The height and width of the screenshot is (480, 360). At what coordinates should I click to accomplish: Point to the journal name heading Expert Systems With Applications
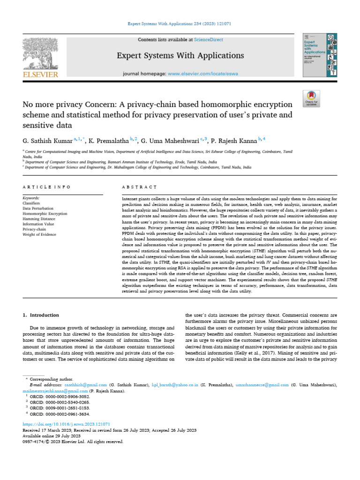(180, 56)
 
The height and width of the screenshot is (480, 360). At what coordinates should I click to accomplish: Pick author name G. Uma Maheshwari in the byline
(170, 140)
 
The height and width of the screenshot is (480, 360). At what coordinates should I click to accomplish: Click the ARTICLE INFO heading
(46, 187)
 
